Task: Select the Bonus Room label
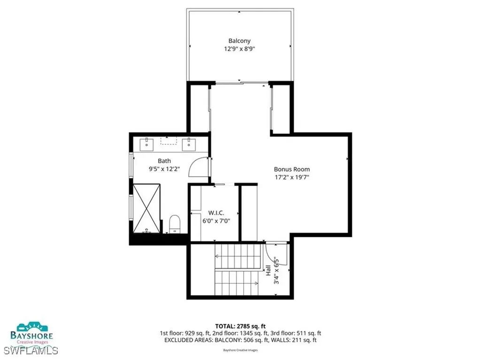[292, 169]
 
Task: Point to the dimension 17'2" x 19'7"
[292, 178]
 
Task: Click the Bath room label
[151, 161]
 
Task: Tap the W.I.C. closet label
[210, 211]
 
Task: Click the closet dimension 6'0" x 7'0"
[216, 220]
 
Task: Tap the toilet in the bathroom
[174, 223]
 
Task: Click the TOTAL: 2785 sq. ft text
[240, 325]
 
